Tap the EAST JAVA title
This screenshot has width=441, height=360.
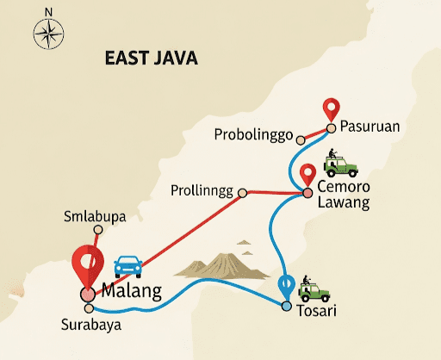tap(152, 59)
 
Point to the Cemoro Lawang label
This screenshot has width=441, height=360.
tap(343, 195)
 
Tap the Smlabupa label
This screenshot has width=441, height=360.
tap(95, 216)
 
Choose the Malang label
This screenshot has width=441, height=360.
tap(131, 291)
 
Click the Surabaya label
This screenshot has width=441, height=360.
tap(90, 326)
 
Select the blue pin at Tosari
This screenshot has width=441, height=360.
tap(287, 285)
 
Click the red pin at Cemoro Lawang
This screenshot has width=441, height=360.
tap(307, 176)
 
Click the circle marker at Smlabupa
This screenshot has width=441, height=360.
tap(98, 230)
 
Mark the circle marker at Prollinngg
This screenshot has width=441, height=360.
tap(243, 192)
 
